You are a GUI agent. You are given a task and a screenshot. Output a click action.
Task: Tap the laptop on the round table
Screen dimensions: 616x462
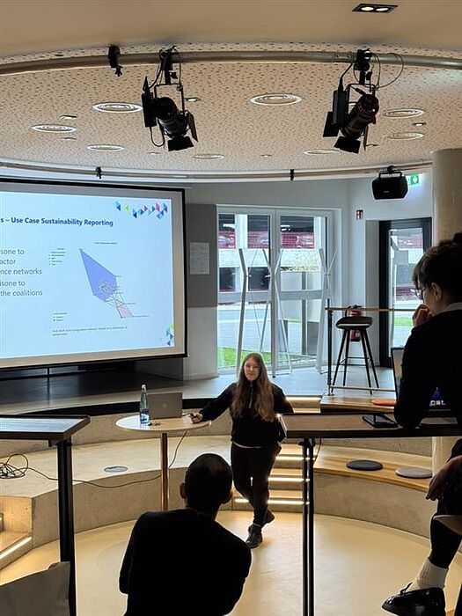point(165,405)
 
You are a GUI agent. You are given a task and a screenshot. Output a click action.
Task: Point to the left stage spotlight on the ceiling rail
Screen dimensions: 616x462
point(167,114)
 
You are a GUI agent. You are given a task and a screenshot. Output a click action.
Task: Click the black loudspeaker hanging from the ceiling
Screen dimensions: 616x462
point(389,186)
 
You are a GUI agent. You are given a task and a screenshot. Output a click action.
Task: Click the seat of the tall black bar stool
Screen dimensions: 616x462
point(354,322)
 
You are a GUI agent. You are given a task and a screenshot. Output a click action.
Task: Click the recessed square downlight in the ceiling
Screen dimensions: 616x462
point(373,8)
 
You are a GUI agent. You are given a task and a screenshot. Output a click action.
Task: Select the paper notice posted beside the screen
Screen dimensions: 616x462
point(200,258)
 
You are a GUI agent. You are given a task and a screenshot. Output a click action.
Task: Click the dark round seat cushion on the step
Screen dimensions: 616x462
point(363,465)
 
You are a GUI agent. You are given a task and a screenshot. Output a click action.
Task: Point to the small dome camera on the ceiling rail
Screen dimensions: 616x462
point(115,60)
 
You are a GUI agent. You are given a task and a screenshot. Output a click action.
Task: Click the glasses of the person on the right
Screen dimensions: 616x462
point(420,291)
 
